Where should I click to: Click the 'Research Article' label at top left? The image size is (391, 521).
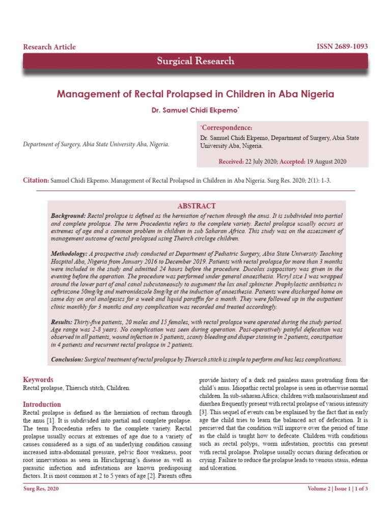[49, 47]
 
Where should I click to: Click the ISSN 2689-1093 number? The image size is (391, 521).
[342, 47]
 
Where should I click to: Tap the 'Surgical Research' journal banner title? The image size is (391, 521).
[195, 61]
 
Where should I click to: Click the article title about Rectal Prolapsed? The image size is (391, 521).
[195, 94]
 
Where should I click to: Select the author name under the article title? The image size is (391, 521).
[195, 110]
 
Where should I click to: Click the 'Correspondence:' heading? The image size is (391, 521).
[227, 128]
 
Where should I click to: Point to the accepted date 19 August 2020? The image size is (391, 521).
[326, 161]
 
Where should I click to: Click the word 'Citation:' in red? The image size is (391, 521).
[36, 181]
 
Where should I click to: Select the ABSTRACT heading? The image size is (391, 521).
[196, 206]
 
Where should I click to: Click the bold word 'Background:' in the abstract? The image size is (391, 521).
[68, 216]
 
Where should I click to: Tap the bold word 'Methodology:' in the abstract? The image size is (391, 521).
[70, 253]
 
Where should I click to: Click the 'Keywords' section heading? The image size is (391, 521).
[38, 380]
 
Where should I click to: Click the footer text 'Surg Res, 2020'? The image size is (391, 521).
[42, 489]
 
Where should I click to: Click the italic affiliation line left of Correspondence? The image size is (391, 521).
[96, 144]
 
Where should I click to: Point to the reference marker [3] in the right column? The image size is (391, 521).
[203, 411]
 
